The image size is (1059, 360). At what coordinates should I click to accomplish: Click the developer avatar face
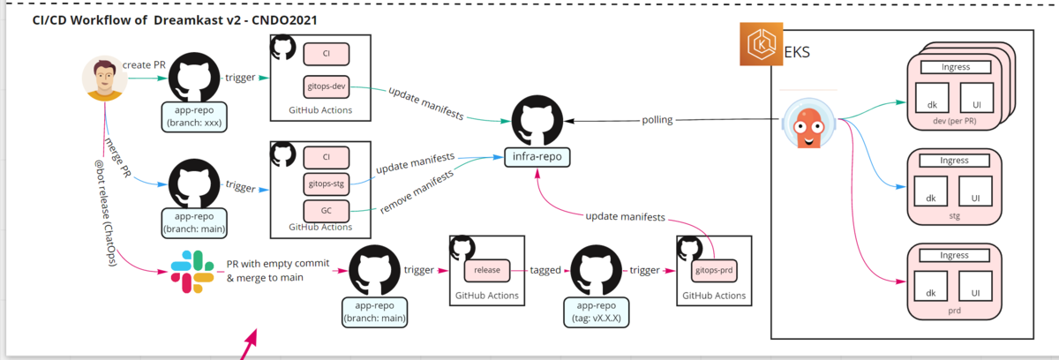point(104,79)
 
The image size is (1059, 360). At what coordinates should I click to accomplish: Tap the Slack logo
point(192,272)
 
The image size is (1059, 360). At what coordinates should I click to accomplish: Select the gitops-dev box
point(327,86)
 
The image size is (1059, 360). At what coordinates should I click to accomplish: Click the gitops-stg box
point(327,184)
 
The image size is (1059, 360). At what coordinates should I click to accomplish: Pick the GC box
point(327,211)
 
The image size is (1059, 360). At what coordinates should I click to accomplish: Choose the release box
point(487,270)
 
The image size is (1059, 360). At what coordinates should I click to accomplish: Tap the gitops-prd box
point(714,270)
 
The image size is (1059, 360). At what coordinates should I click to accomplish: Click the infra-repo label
point(537,157)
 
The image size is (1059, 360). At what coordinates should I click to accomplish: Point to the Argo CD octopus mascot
point(809,124)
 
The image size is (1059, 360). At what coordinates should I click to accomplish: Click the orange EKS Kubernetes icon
point(761,44)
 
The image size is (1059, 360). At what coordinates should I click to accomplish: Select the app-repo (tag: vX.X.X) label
point(597,311)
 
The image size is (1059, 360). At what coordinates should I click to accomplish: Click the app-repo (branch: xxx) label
point(194,116)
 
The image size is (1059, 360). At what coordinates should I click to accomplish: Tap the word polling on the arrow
point(657,120)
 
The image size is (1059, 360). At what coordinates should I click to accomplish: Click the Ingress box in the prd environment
point(954,256)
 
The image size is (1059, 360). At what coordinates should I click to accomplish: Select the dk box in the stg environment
point(930,191)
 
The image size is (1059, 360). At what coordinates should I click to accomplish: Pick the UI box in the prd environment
point(975,286)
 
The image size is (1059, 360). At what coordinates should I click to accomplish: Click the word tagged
point(545,270)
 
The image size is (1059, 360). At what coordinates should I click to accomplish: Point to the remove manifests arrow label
point(417,192)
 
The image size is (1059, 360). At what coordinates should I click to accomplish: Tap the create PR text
point(144,64)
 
